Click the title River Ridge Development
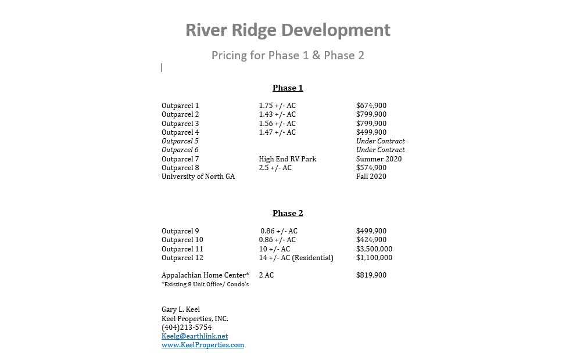click(288, 30)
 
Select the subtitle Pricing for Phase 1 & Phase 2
click(288, 56)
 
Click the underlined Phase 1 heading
click(288, 88)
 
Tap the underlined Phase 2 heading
click(288, 214)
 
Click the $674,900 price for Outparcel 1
click(371, 106)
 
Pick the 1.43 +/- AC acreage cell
click(277, 115)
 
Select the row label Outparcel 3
click(180, 124)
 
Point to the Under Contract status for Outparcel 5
click(381, 141)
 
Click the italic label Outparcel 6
click(180, 150)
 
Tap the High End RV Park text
click(288, 159)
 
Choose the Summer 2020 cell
click(379, 159)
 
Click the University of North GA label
click(198, 177)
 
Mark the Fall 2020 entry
click(371, 177)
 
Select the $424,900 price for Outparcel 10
click(371, 240)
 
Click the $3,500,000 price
click(374, 249)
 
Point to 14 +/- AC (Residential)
click(296, 258)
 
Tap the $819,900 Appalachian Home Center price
click(371, 275)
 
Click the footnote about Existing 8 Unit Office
click(205, 285)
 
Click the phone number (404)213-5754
click(187, 327)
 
